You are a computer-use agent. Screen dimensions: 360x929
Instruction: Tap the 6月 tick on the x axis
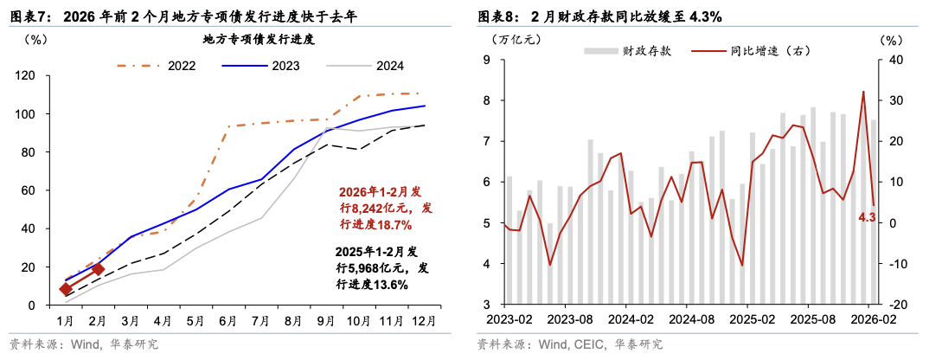(229, 320)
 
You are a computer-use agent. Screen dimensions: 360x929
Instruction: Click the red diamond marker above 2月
(98, 269)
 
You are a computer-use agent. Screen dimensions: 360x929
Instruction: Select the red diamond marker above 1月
(66, 289)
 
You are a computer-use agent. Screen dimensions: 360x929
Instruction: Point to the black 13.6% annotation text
(381, 284)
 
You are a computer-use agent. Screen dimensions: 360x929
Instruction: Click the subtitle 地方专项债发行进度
(258, 39)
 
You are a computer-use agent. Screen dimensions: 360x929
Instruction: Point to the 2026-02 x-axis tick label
(871, 320)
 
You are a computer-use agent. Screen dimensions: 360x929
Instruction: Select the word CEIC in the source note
(588, 344)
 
